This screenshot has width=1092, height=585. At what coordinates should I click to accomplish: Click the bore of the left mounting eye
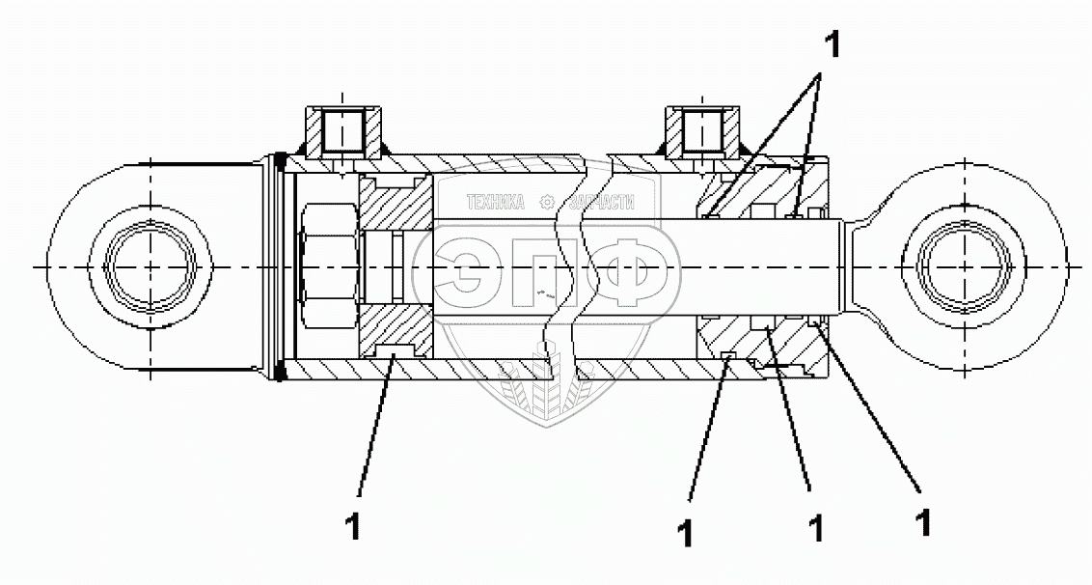(x=151, y=265)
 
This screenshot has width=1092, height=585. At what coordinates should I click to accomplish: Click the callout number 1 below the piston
(x=353, y=527)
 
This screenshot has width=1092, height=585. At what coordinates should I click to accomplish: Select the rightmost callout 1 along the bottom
(x=923, y=522)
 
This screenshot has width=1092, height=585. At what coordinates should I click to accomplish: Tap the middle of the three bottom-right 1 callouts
(x=815, y=527)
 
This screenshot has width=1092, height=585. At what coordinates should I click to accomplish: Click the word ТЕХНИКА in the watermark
(x=494, y=203)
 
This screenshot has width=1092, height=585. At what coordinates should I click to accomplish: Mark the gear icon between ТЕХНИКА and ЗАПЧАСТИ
(x=547, y=203)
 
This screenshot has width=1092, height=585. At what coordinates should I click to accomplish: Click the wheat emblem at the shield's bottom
(x=547, y=386)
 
